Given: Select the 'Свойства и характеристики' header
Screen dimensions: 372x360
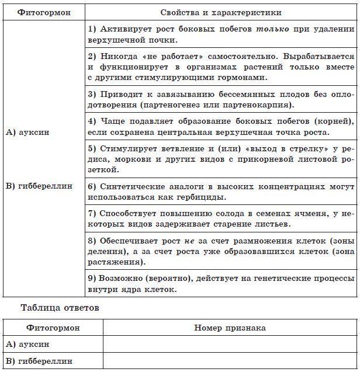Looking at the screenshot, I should [220, 12].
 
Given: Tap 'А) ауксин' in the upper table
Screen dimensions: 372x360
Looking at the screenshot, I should [27, 133].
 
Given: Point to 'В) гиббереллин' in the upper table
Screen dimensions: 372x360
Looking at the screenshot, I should [39, 186].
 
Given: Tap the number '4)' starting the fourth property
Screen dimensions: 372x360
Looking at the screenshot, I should [92, 121].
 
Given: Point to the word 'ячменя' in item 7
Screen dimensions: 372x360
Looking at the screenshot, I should [302, 214].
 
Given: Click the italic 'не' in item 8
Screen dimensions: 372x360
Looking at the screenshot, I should [188, 241].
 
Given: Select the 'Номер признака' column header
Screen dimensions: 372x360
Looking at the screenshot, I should [230, 328].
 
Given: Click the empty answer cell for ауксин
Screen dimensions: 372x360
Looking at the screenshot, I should [230, 345].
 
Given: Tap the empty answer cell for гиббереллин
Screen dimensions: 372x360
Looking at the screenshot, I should [230, 361].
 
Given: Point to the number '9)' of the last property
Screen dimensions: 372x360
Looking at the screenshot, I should [92, 279].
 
